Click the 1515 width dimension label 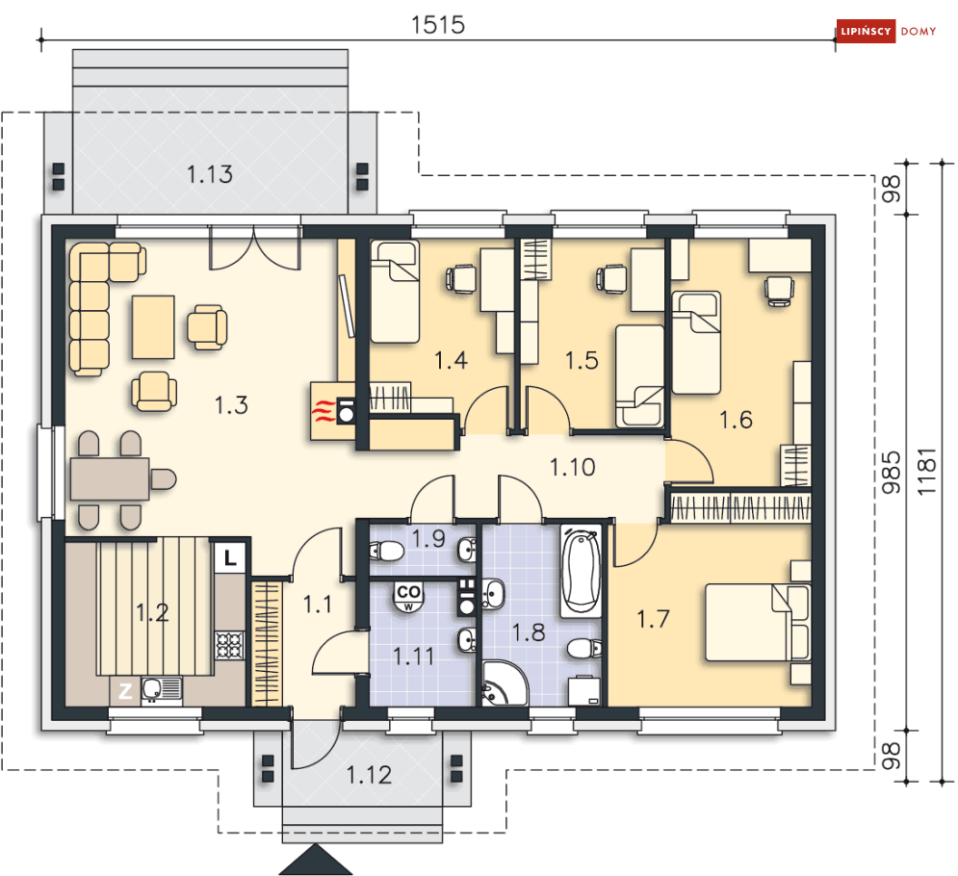[437, 24]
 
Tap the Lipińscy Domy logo [887, 31]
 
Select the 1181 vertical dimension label [926, 472]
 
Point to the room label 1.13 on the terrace [210, 174]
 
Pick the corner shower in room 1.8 [505, 683]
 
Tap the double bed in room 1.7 [758, 623]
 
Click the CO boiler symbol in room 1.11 [408, 596]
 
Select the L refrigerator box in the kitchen [230, 557]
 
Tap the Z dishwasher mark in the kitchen [124, 691]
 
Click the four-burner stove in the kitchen [230, 645]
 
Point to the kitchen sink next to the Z [162, 690]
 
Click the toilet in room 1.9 [385, 551]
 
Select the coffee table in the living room [153, 327]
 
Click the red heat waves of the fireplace [322, 411]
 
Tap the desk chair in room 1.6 [780, 290]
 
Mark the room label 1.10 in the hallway [573, 467]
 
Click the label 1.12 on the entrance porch [369, 775]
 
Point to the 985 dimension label [892, 473]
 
